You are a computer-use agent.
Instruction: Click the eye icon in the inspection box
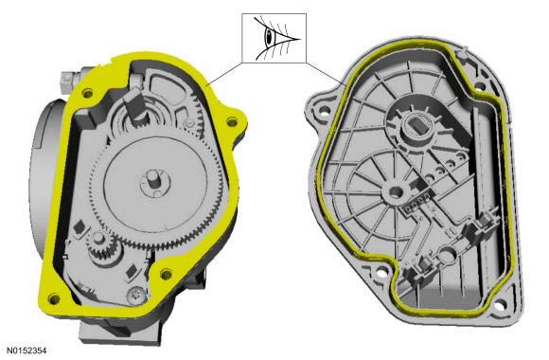click(x=275, y=38)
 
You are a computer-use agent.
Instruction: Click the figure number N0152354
click(x=27, y=351)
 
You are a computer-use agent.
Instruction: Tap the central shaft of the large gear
click(x=154, y=179)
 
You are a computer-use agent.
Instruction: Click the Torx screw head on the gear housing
click(x=136, y=296)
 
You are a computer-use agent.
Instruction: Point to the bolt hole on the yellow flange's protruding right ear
click(x=232, y=122)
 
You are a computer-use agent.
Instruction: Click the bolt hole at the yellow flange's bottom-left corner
click(x=54, y=299)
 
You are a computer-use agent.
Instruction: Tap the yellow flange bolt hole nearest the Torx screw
click(x=166, y=274)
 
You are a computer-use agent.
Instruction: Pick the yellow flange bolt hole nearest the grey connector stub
click(x=87, y=93)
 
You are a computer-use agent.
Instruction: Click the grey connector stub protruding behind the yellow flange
click(x=69, y=80)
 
